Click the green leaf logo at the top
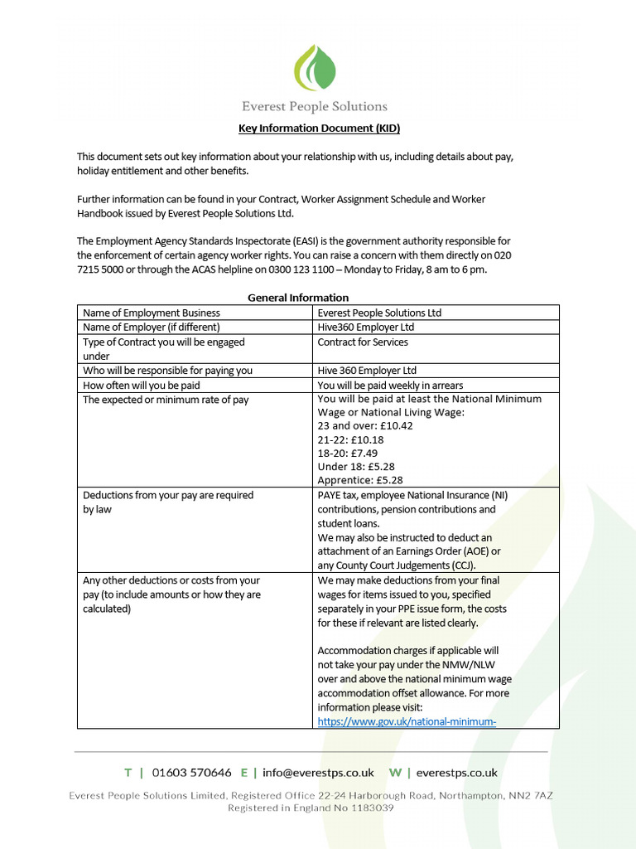point(316,68)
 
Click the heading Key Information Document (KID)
point(319,129)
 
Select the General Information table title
point(298,297)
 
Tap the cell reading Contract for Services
point(363,342)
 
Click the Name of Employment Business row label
point(152,313)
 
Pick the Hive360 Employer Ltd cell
point(366,327)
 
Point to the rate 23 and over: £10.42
point(365,425)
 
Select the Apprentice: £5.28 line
point(360,480)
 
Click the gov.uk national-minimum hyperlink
point(407,721)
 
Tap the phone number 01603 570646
point(193,773)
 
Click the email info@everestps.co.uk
point(318,773)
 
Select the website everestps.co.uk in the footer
point(456,773)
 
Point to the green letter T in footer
point(128,773)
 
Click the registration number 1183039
point(369,808)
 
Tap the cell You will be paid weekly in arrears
point(390,385)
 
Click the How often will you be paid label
point(142,385)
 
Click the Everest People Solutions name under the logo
point(315,106)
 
